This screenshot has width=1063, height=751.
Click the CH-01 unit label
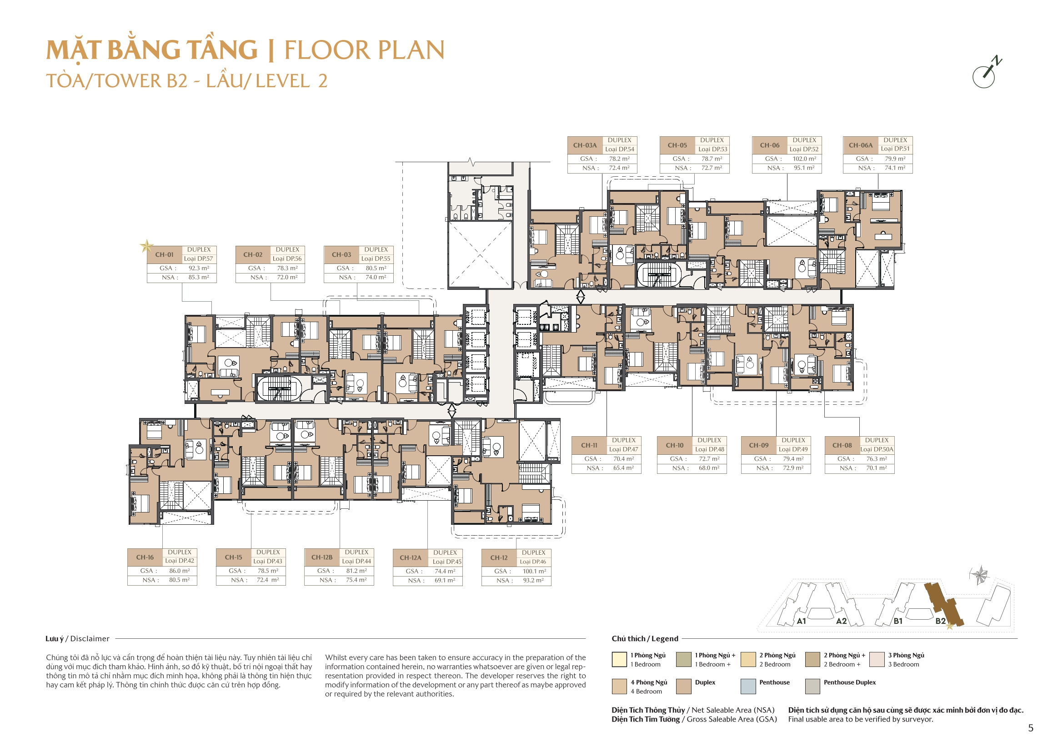164,254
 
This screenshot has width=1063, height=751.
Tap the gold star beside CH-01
147,246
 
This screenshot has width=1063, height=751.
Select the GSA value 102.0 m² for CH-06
805,159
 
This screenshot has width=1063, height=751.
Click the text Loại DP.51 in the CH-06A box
895,149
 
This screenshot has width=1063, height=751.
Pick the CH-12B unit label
322,557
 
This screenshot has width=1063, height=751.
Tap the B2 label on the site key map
940,621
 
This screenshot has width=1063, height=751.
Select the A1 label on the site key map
802,621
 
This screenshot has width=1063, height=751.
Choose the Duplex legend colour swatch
684,686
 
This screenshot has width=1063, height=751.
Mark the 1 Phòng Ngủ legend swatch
619,659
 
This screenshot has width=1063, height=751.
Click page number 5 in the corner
1031,728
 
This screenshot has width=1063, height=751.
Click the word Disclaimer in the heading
90,639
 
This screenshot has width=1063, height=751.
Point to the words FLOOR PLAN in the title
364,50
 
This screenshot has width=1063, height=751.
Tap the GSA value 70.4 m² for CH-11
624,459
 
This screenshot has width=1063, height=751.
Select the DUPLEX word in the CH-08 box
877,440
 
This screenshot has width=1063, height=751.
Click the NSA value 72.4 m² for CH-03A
619,168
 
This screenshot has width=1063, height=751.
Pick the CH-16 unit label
145,557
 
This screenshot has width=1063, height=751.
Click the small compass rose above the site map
979,575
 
